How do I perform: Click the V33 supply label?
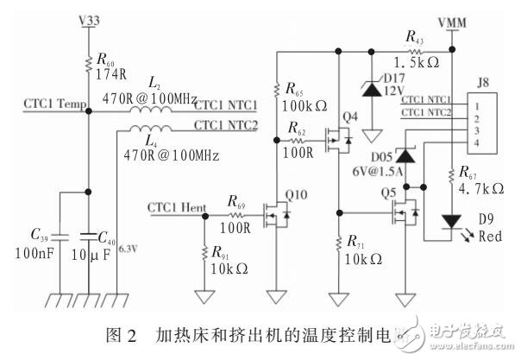pyautogui.click(x=89, y=17)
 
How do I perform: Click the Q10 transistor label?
pyautogui.click(x=297, y=193)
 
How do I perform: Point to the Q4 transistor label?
pyautogui.click(x=348, y=116)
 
